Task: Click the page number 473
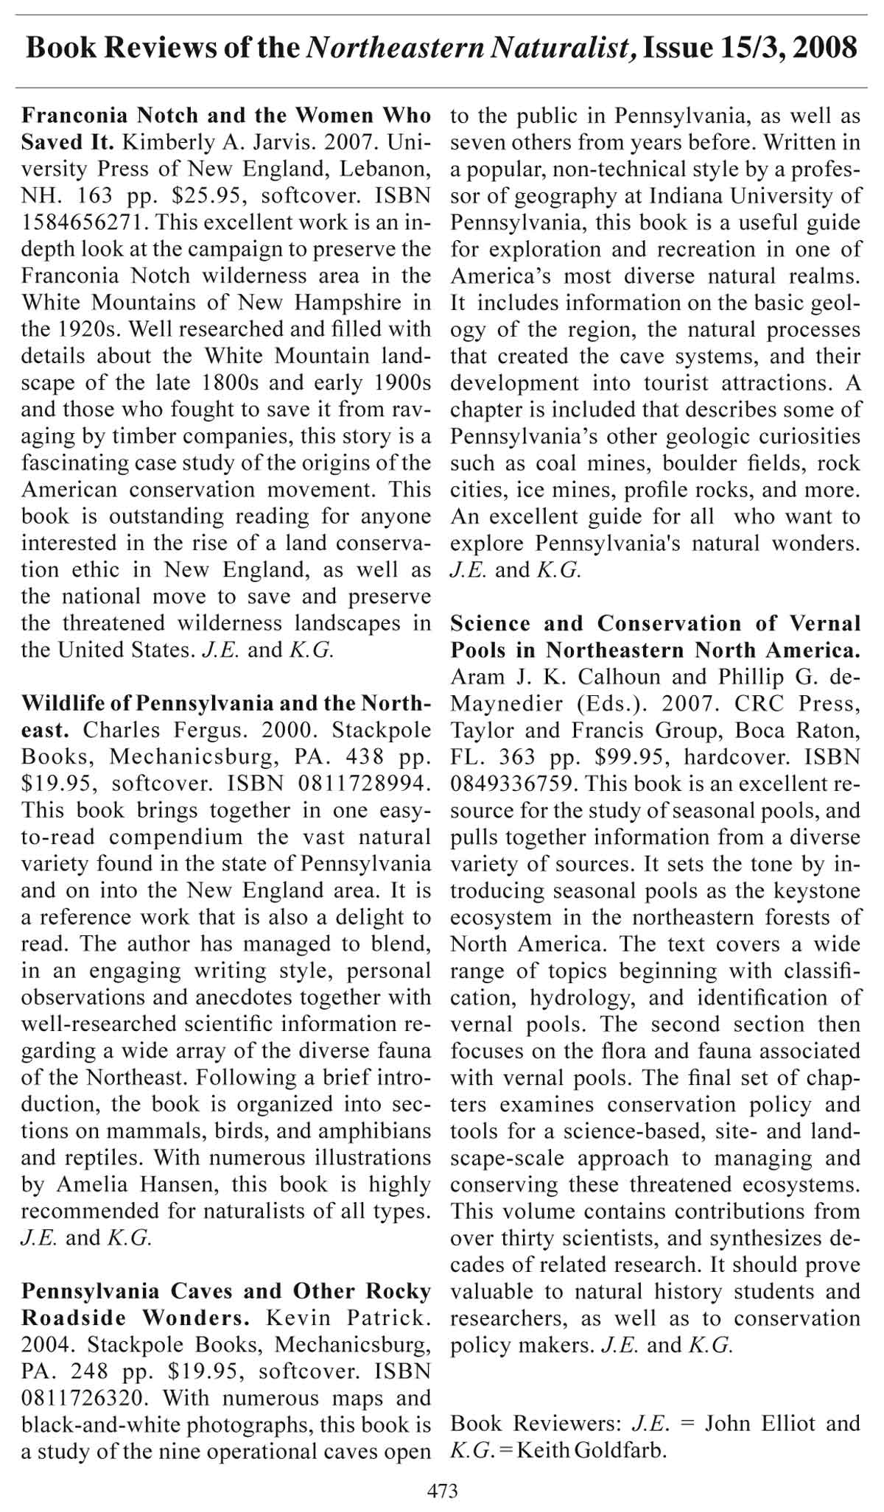(442, 1491)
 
